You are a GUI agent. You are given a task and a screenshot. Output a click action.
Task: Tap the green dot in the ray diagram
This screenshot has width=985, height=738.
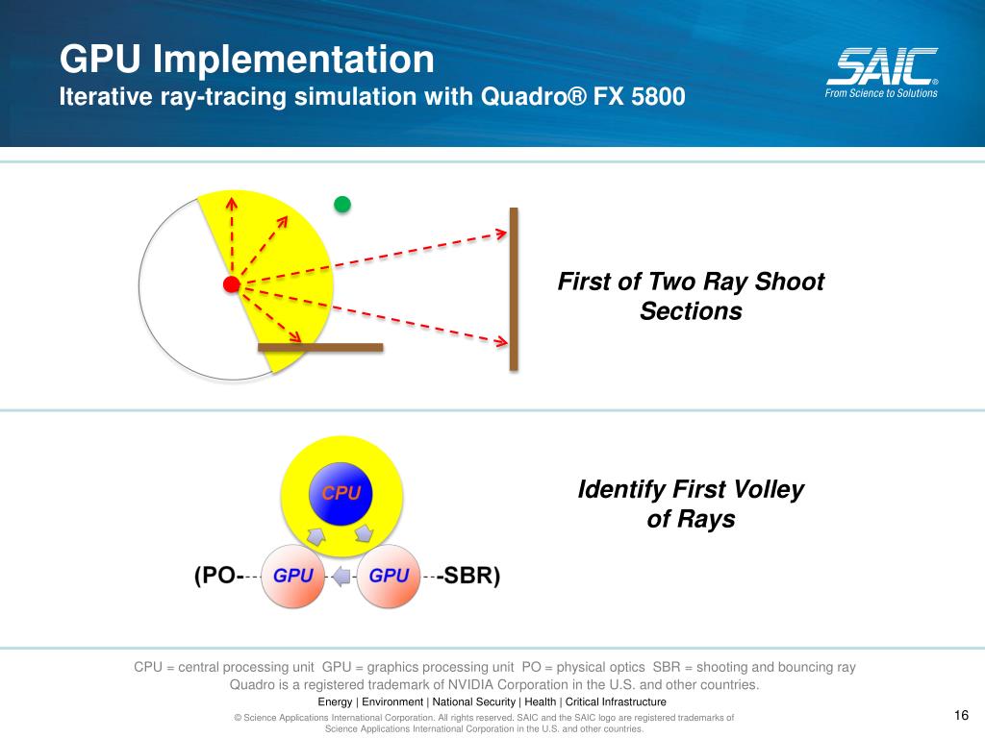[342, 204]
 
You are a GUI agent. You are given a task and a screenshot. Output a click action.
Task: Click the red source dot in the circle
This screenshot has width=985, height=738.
[231, 284]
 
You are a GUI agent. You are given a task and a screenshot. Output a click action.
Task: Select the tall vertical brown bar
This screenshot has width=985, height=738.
[514, 288]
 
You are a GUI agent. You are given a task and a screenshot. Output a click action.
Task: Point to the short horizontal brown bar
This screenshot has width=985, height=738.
[320, 347]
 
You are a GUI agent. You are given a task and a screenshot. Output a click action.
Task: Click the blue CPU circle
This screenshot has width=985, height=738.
[341, 494]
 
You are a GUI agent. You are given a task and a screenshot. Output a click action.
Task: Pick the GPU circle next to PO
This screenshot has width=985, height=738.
[292, 576]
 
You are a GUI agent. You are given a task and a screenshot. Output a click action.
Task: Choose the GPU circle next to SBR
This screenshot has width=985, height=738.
[389, 576]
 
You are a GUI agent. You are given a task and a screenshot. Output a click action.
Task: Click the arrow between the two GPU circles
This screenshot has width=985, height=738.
[341, 576]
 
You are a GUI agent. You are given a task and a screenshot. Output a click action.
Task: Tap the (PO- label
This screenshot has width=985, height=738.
[218, 575]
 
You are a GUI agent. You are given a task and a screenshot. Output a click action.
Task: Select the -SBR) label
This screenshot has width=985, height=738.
[468, 575]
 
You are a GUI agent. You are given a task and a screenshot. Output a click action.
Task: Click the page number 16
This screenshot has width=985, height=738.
[961, 715]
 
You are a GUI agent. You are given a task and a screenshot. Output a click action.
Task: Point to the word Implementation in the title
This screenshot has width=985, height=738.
[293, 59]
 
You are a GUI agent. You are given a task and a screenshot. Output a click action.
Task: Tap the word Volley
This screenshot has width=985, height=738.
[767, 489]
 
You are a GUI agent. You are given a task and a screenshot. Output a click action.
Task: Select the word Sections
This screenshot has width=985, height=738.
[691, 311]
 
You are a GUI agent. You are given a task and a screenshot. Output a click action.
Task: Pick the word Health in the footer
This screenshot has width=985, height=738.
[541, 701]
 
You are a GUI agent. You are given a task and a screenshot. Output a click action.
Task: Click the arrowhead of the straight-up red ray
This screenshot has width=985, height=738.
[232, 203]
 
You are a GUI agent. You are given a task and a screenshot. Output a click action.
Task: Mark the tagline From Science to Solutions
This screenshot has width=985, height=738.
[881, 93]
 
